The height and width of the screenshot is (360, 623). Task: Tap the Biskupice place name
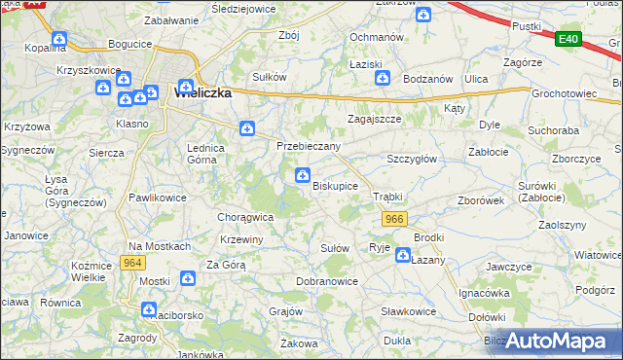pos(335,185)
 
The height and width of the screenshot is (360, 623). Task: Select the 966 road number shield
pos(393,219)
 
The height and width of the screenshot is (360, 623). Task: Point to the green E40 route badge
pos(569,39)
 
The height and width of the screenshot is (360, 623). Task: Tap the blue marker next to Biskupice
pos(303,175)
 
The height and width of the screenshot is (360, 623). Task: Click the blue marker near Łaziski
pos(384,78)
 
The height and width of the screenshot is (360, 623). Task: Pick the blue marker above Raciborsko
pos(149,310)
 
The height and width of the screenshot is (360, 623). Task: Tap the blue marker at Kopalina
pos(59,39)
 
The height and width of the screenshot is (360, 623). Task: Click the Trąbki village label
pos(387,197)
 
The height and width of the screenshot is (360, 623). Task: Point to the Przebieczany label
pos(309,146)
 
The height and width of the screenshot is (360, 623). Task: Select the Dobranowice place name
pos(327,281)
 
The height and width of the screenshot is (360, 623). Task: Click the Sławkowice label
pos(408,311)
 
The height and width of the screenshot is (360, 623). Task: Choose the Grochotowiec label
pos(564,94)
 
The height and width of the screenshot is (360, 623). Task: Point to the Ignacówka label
pos(485,292)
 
